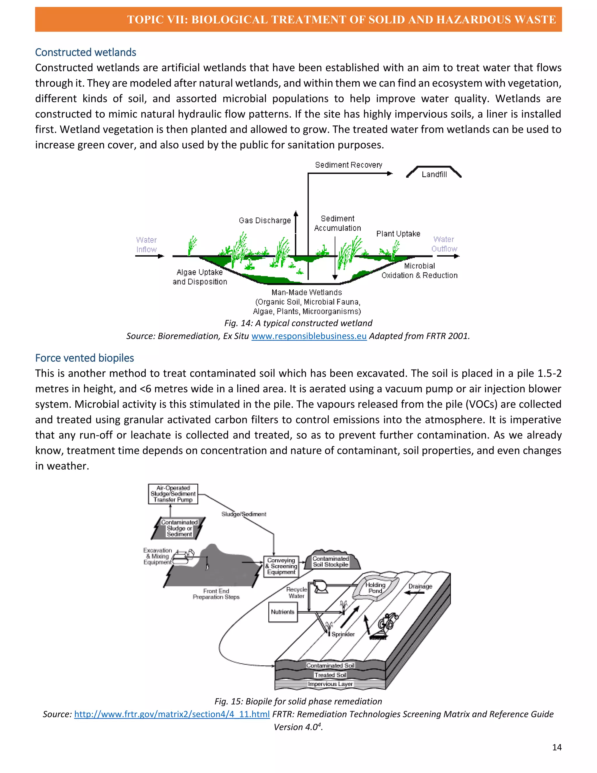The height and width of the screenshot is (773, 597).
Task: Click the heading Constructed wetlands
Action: click(x=86, y=53)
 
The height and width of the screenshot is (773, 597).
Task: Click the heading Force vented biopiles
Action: click(x=85, y=358)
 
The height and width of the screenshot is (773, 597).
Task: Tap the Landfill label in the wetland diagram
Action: click(x=434, y=174)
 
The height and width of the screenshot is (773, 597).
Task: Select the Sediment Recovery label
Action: click(x=348, y=165)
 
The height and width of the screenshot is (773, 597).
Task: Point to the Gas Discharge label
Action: click(x=265, y=221)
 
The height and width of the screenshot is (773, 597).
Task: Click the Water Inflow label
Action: click(x=146, y=244)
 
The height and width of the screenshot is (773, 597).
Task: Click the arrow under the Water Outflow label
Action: click(x=448, y=256)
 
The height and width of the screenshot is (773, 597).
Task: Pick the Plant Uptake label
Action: click(x=398, y=234)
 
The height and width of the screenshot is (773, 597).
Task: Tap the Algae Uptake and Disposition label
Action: click(x=200, y=277)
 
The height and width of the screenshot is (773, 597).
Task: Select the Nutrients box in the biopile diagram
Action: click(x=282, y=612)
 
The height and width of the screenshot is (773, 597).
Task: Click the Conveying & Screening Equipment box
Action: click(x=281, y=566)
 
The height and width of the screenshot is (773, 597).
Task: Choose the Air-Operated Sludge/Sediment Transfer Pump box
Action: click(x=173, y=494)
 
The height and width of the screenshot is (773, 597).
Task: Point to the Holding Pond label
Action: click(x=375, y=588)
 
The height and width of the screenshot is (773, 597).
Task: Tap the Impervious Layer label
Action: click(x=330, y=684)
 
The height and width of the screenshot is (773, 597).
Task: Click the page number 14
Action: click(x=557, y=747)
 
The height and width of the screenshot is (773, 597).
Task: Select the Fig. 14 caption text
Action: click(x=298, y=323)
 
